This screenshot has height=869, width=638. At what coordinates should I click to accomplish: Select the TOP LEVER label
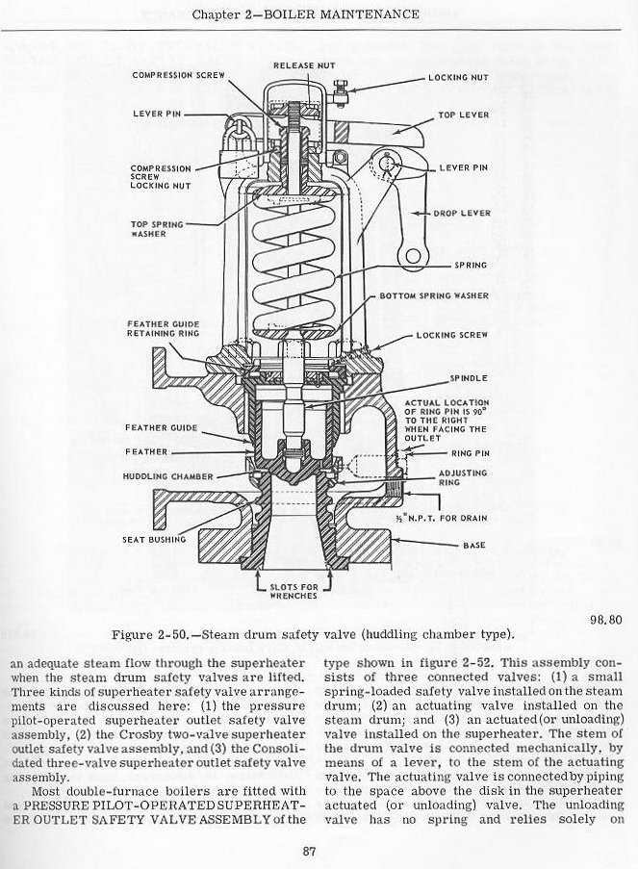pyautogui.click(x=464, y=115)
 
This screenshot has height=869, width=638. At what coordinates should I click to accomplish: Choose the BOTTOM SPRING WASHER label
pyautogui.click(x=434, y=295)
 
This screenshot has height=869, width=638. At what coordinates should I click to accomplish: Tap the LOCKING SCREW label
pyautogui.click(x=452, y=335)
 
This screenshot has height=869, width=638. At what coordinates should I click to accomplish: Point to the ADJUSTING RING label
pyautogui.click(x=463, y=478)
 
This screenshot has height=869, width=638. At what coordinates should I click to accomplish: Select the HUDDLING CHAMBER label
pyautogui.click(x=159, y=476)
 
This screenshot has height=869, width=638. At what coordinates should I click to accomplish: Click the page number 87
pyautogui.click(x=309, y=850)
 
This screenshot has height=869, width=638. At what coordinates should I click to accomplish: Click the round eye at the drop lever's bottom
pyautogui.click(x=416, y=255)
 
